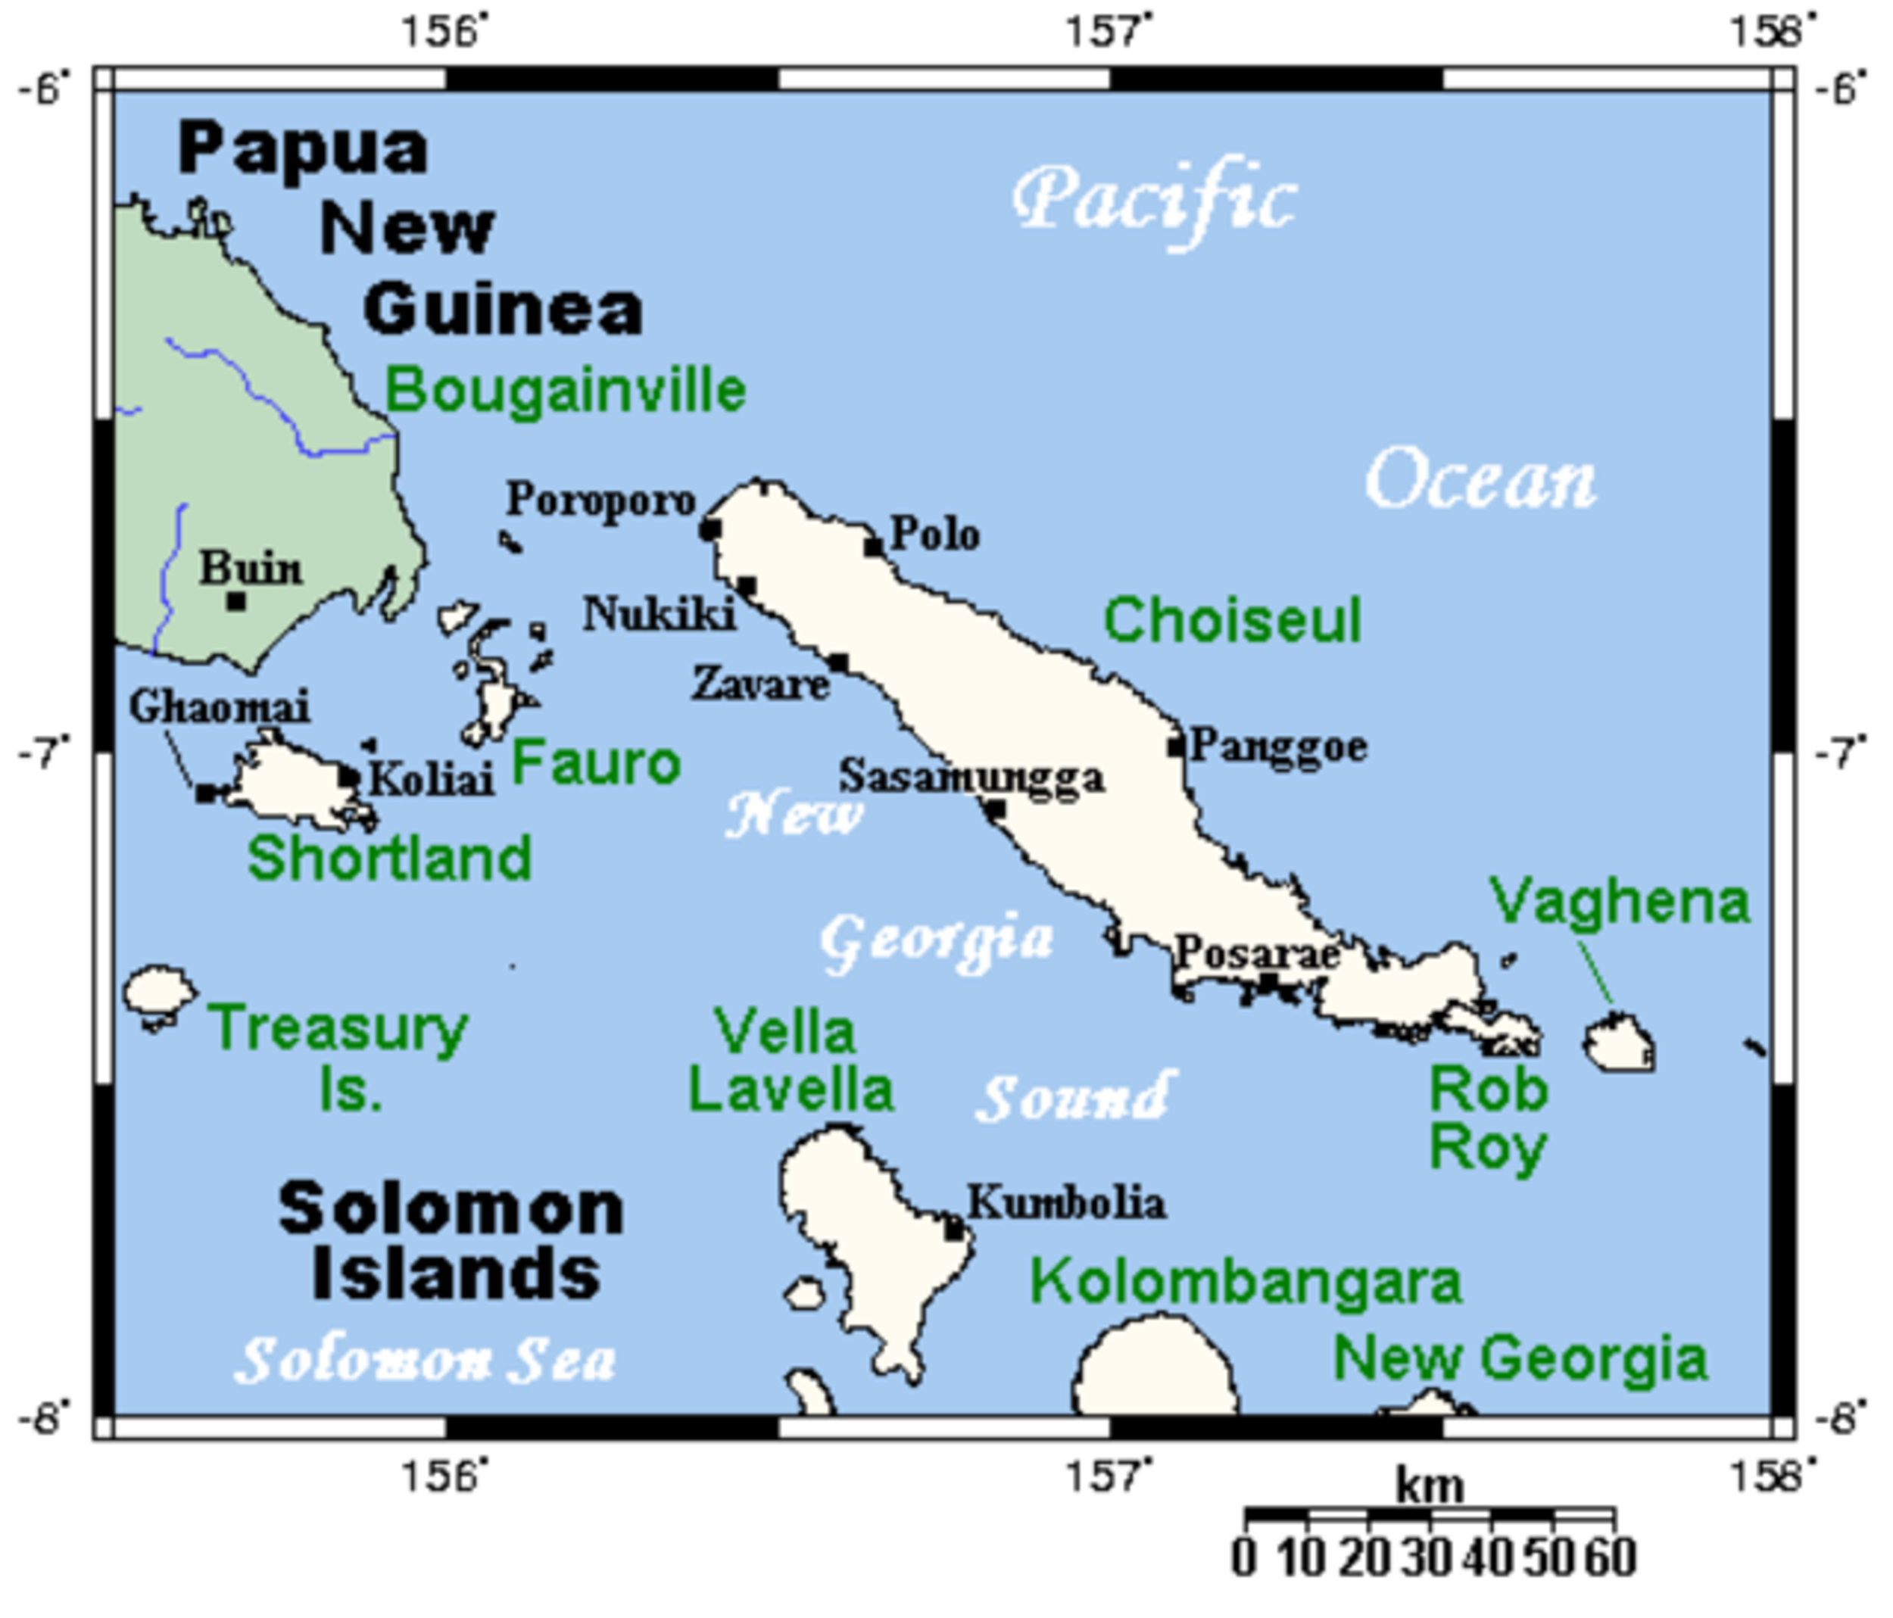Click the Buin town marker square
coord(236,601)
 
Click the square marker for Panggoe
coord(1176,747)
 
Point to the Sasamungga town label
coord(972,778)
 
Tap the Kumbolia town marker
coord(955,1230)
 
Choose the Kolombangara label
coord(1246,1283)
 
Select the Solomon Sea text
coord(426,1361)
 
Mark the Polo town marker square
coord(875,547)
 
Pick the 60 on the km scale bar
coord(1611,1557)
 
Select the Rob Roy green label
coord(1487,1118)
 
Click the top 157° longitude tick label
coord(1109,33)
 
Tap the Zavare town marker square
coord(839,663)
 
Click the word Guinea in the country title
coord(504,310)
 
